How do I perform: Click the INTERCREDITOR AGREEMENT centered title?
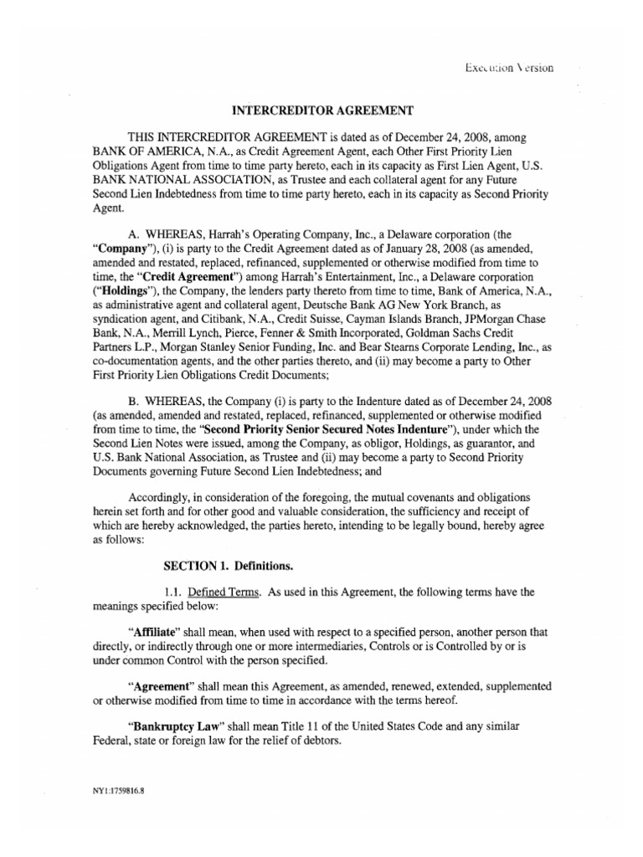pos(321,110)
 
